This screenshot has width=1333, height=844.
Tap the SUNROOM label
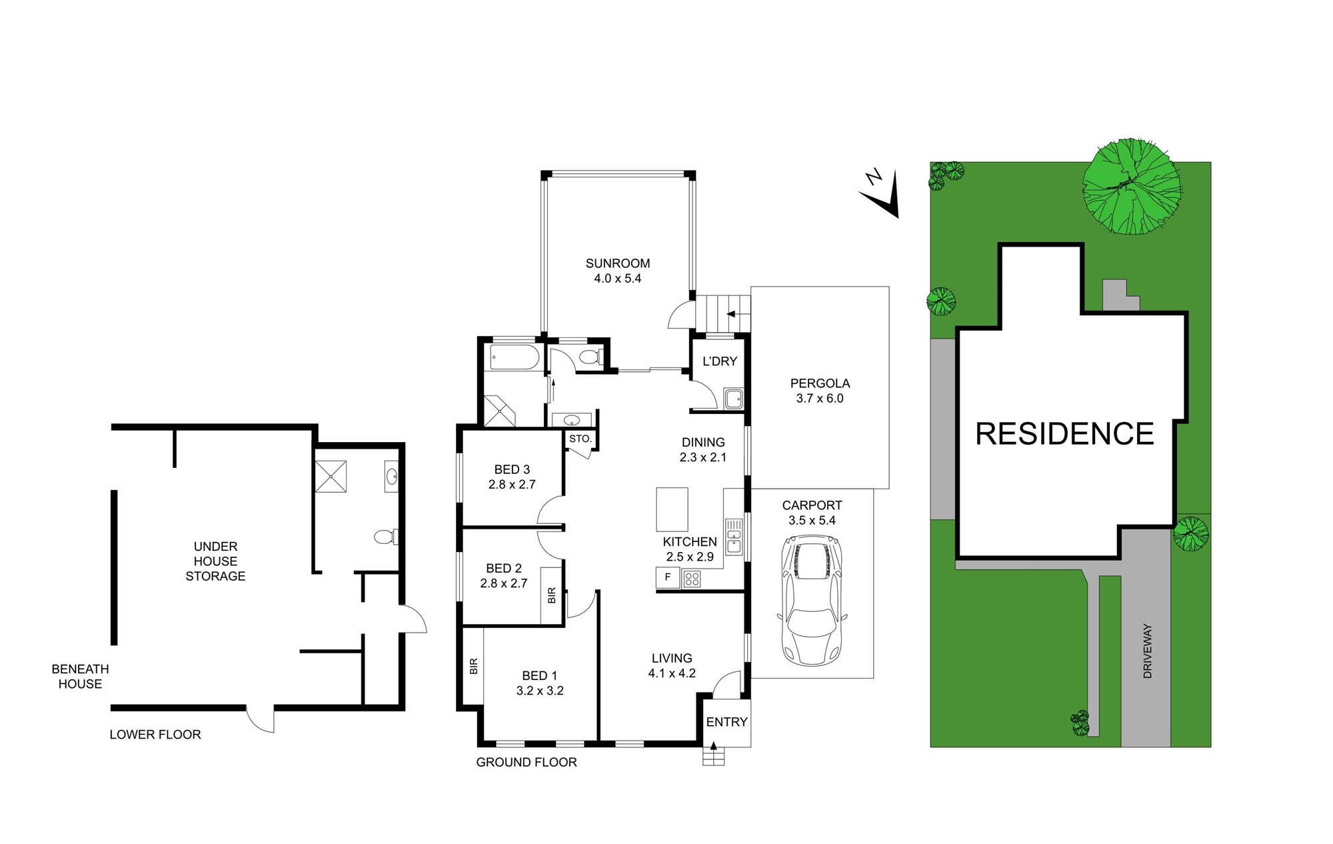pos(618,263)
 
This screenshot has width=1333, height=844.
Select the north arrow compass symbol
pos(880,193)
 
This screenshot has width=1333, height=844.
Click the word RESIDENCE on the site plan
pos(1064,434)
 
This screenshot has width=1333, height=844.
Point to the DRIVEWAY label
pos(1147,651)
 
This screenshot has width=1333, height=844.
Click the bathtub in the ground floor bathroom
pos(514,357)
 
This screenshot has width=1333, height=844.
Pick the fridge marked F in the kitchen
pos(668,577)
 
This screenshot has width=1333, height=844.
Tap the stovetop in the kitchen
pos(692,578)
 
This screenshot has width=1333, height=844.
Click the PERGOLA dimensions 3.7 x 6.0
pos(820,399)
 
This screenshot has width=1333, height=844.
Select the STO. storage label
pos(580,439)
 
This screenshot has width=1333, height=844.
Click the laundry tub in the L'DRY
pos(734,399)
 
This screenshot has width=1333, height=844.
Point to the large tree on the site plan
pos(1131,186)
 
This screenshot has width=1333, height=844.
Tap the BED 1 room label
pos(540,676)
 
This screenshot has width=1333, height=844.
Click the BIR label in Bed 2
pos(552,595)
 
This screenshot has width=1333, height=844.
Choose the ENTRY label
pos(726,722)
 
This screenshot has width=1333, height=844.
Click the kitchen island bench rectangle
pos(672,509)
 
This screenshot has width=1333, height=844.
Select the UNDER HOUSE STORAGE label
pos(215,561)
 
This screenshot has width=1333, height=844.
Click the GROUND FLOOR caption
pos(527,762)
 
